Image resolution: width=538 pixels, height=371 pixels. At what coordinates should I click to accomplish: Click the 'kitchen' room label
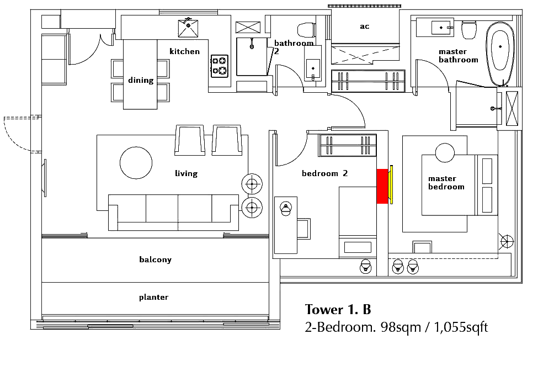click(184, 51)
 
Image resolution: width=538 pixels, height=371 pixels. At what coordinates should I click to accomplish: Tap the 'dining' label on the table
click(141, 80)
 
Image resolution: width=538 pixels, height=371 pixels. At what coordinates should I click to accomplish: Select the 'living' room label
click(186, 173)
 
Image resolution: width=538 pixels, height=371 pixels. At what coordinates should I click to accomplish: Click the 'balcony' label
click(155, 259)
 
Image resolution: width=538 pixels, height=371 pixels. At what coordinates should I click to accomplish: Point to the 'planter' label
click(153, 297)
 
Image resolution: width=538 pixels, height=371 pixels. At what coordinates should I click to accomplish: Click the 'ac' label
click(364, 26)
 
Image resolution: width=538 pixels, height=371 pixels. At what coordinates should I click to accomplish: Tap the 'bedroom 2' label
click(324, 173)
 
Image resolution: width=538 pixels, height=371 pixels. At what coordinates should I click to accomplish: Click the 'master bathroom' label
click(458, 56)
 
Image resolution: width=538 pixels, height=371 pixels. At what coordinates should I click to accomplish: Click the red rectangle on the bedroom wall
click(382, 186)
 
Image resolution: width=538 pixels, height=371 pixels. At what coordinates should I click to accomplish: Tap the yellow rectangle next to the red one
click(391, 184)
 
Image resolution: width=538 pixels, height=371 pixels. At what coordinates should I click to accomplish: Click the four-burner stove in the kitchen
click(219, 65)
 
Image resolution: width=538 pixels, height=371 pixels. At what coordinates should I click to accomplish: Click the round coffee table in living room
click(136, 163)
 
